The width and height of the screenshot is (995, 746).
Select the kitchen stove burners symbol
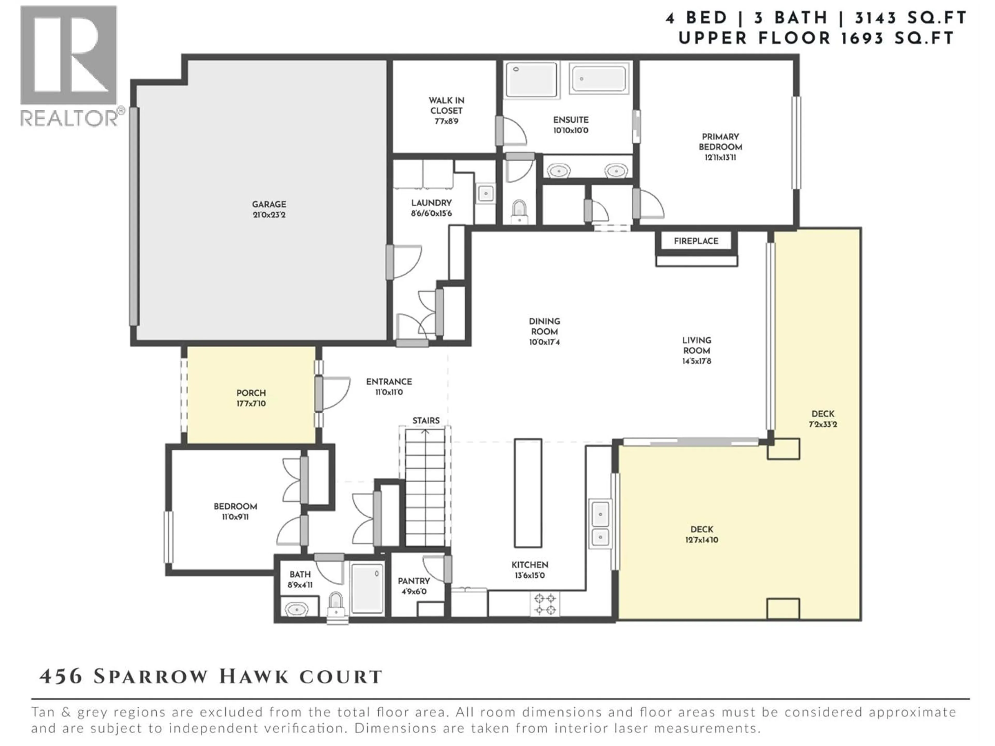pos(545,604)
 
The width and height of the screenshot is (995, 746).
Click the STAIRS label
pos(425,420)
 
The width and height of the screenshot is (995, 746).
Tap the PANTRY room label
pos(413,581)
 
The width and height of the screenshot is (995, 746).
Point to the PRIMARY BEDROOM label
pos(720,142)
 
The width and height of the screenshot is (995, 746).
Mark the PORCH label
pos(251,393)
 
